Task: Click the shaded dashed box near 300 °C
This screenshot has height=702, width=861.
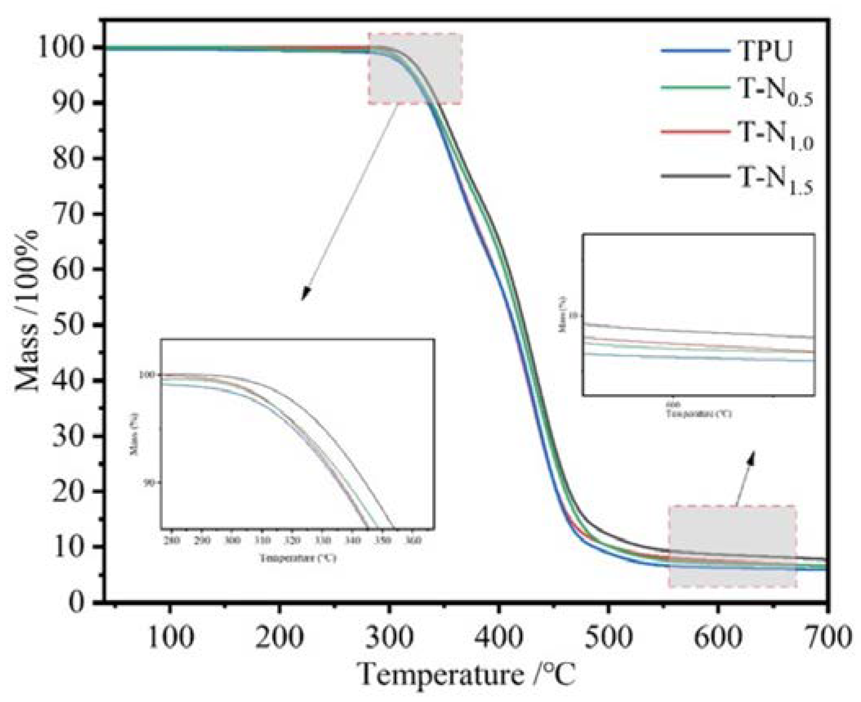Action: (415, 69)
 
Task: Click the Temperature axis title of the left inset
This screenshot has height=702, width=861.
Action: (298, 558)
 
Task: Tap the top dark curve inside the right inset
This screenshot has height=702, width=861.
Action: (695, 330)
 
